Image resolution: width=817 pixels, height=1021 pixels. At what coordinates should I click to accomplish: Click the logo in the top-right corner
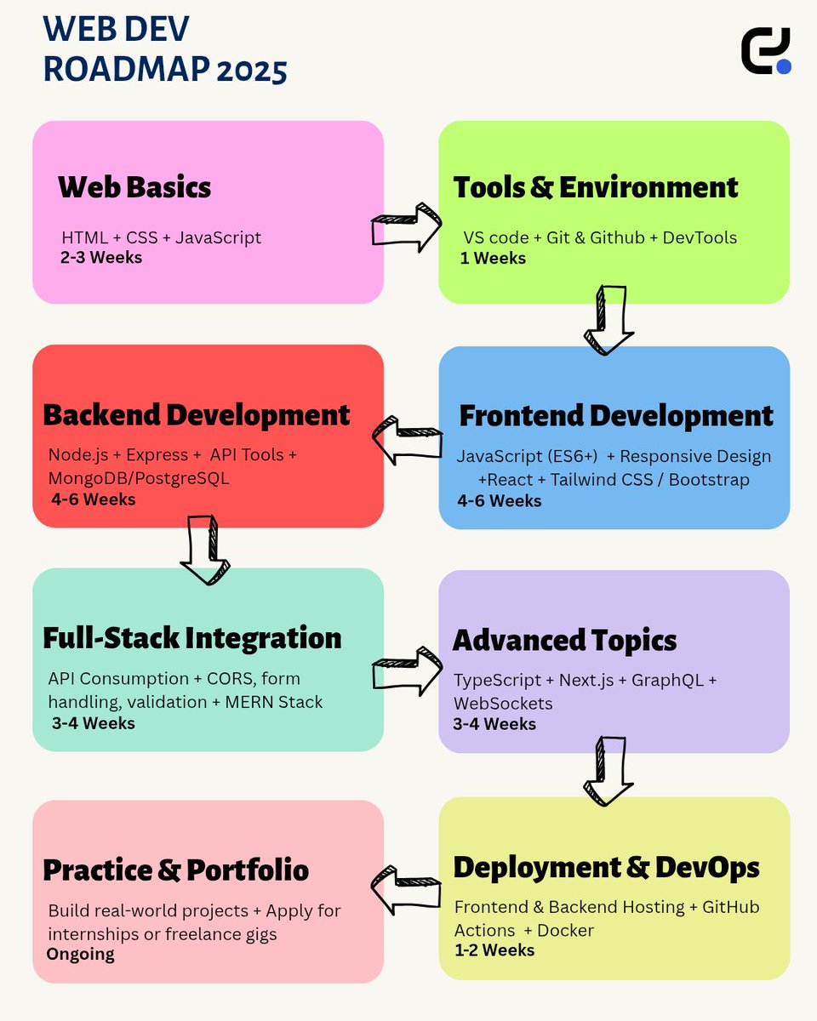[x=766, y=51]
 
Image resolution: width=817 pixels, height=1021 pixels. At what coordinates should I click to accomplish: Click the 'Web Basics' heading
[x=134, y=187]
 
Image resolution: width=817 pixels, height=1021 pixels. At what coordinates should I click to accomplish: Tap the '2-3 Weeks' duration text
[x=101, y=257]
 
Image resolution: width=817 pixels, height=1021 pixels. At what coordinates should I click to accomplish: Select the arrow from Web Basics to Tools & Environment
[x=407, y=227]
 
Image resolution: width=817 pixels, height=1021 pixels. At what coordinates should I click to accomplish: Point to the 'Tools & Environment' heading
[x=596, y=187]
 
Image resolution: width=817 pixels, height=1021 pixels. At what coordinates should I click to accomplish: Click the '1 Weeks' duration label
[x=494, y=258]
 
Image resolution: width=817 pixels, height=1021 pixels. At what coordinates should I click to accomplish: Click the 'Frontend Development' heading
[x=616, y=416]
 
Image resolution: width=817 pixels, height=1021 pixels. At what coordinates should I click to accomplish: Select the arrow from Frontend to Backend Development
[x=408, y=440]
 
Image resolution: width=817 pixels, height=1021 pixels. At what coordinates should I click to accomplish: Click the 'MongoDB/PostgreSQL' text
[x=139, y=478]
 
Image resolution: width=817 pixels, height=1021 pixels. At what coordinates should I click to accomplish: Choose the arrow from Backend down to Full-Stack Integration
[x=205, y=550]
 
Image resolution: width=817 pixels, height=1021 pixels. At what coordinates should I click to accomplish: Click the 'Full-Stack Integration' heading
[x=192, y=638]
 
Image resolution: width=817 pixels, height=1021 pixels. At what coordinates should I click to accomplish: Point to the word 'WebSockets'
[x=503, y=704]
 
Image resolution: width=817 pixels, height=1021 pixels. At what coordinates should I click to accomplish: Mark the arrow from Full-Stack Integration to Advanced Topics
[x=407, y=669]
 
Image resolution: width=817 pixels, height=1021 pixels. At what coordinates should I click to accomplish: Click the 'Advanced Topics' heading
[x=564, y=640]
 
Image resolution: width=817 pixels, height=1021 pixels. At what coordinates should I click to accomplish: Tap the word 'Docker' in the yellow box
[x=566, y=930]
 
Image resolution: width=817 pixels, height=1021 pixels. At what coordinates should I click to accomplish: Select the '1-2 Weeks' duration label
[x=494, y=950]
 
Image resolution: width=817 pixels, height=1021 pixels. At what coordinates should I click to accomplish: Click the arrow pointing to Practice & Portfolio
[x=407, y=889]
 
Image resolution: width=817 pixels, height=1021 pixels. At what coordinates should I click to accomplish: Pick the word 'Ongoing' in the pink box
[x=80, y=954]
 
